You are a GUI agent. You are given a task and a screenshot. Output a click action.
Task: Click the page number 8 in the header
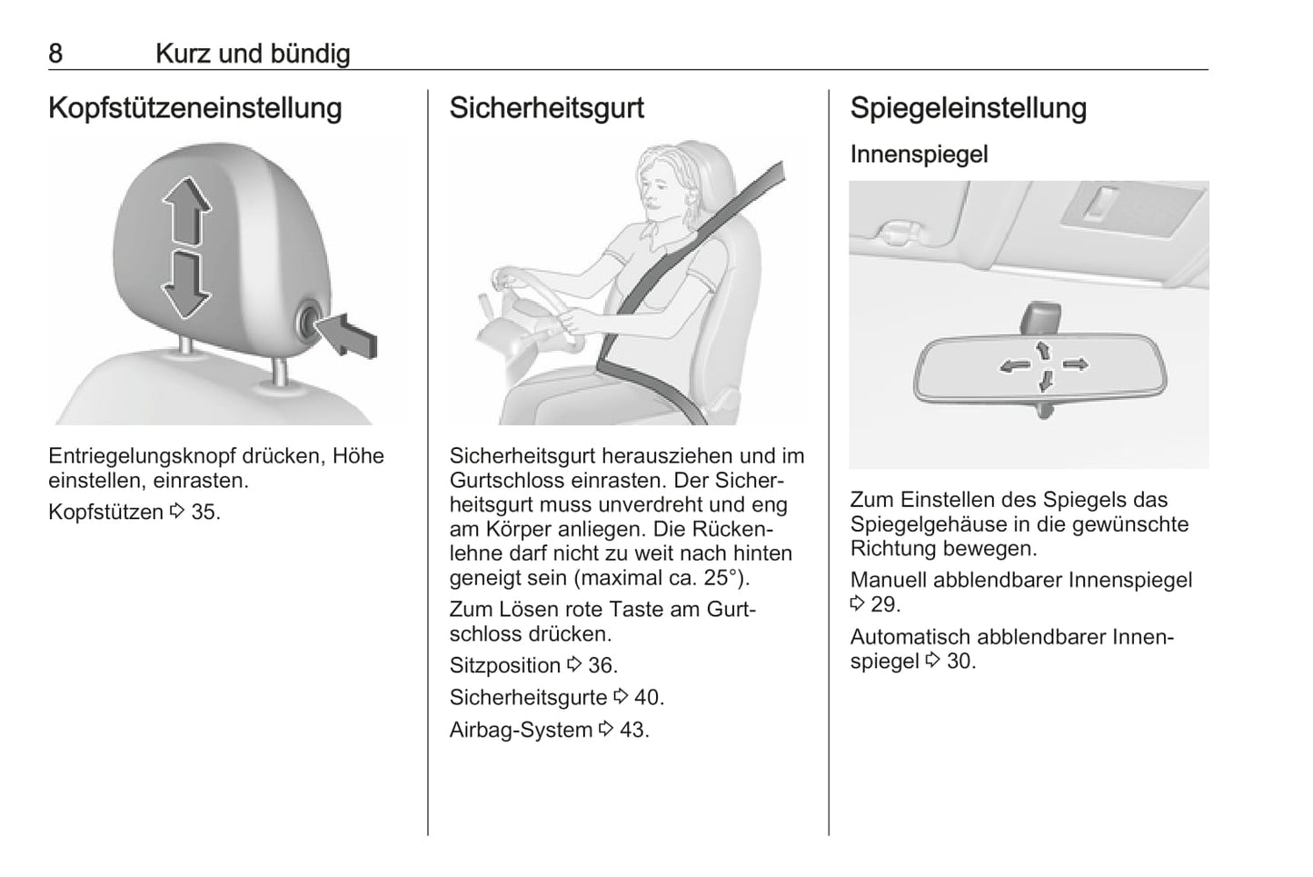coord(55,54)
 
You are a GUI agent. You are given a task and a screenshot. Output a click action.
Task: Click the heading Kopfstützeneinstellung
coord(195,108)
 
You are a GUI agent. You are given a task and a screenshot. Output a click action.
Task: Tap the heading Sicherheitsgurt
coord(547,108)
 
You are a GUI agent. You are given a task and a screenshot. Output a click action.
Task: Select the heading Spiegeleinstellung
coord(969,108)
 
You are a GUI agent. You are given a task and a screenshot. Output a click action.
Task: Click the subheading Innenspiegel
coord(920,154)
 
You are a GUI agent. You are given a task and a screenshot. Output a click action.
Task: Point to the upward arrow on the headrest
coord(186,209)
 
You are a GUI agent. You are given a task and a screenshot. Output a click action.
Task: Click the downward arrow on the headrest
coord(185,285)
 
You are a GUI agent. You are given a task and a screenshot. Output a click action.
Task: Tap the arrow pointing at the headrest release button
coord(348,334)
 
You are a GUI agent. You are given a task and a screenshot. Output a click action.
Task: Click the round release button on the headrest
coord(308,321)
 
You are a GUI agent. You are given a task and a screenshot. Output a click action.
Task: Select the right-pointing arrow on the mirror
coord(1075,364)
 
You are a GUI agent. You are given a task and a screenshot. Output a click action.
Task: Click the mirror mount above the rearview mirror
coord(1040,319)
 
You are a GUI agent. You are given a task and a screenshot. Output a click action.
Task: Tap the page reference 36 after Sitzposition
coord(602,665)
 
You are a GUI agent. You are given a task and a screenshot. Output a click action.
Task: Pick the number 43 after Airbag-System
coord(633,730)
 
